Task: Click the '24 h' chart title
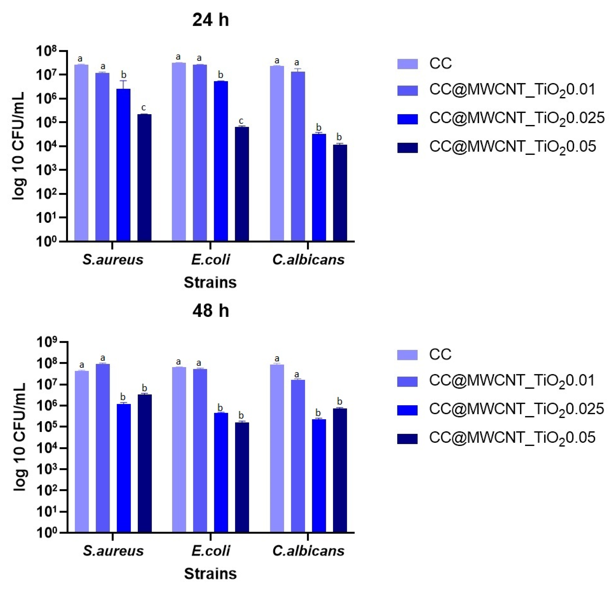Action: tap(211, 20)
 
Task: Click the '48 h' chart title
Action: tap(211, 311)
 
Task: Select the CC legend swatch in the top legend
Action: tap(407, 64)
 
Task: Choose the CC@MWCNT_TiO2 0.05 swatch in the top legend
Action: tap(407, 147)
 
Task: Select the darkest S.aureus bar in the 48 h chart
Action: tap(145, 463)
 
